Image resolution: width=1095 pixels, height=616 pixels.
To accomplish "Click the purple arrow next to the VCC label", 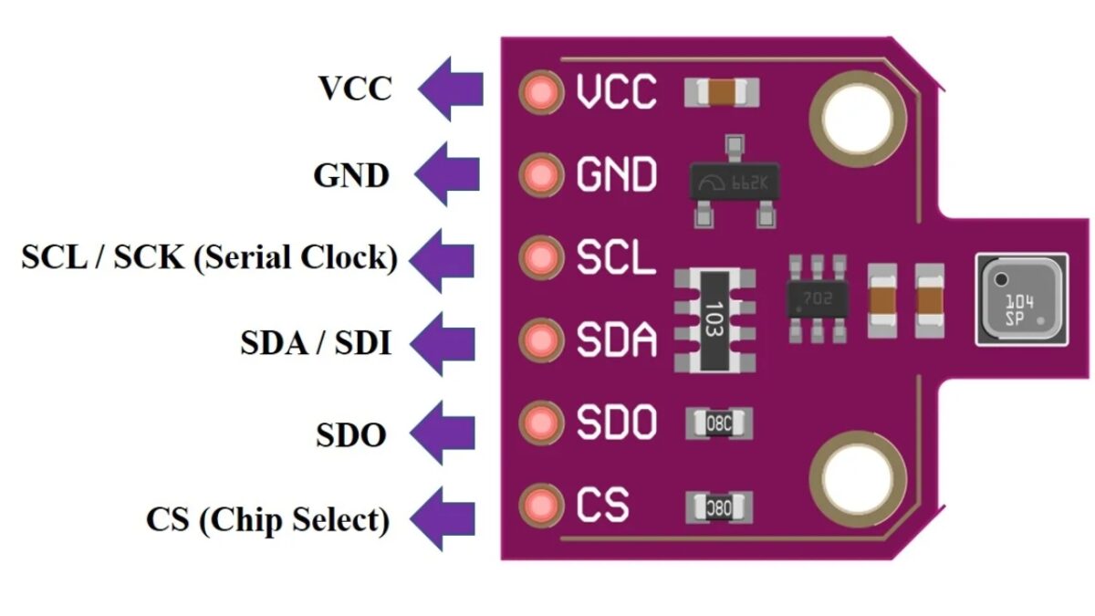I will tap(451, 89).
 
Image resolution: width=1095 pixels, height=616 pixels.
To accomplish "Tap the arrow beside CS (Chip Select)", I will tap(443, 518).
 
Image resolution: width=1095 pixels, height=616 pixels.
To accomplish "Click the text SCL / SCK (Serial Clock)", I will tap(209, 258).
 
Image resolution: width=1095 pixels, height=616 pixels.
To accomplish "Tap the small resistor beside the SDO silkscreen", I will tap(719, 423).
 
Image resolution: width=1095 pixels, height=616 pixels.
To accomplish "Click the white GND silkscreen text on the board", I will tap(616, 173).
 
